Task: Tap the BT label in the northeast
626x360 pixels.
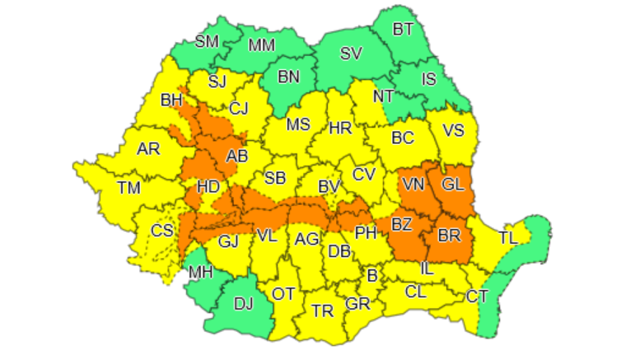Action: click(x=403, y=30)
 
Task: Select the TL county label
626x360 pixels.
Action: click(x=508, y=237)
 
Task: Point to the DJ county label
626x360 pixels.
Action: click(x=243, y=304)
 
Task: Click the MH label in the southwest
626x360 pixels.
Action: click(x=201, y=273)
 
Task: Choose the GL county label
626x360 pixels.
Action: click(x=453, y=185)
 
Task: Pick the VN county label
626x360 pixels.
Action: click(x=413, y=185)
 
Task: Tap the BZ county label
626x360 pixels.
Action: click(x=402, y=224)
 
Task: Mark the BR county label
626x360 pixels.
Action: click(x=449, y=236)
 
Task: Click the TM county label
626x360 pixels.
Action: click(x=128, y=188)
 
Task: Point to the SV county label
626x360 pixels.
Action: click(x=352, y=54)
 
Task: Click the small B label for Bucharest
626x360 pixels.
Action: click(x=371, y=276)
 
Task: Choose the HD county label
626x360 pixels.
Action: click(x=208, y=187)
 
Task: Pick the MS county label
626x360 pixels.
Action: click(x=298, y=125)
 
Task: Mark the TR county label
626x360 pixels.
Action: click(x=322, y=311)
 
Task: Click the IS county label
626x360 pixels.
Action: click(x=428, y=80)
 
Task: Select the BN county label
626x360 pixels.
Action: click(x=288, y=77)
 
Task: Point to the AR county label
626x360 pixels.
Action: click(x=148, y=149)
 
